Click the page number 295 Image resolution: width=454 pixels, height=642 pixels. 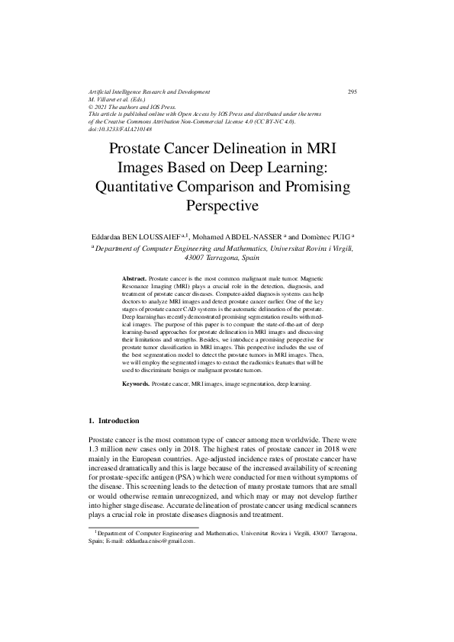pyautogui.click(x=352, y=92)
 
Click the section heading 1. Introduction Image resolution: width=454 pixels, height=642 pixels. pyautogui.click(x=114, y=420)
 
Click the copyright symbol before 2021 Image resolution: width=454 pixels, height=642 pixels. pyautogui.click(x=92, y=108)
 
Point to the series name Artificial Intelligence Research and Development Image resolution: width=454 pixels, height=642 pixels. pyautogui.click(x=149, y=92)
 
